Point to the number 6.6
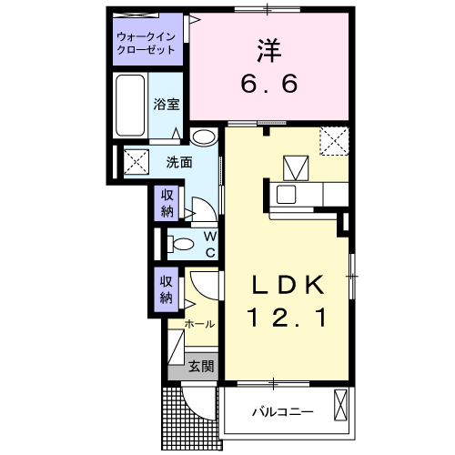(x=269, y=86)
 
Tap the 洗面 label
(x=178, y=163)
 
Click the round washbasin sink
(x=204, y=137)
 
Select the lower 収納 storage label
(x=167, y=289)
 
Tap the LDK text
(x=288, y=286)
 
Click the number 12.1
(x=288, y=319)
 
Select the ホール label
(x=200, y=324)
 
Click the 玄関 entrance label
(x=201, y=368)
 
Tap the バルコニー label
(x=282, y=412)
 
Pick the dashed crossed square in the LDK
(x=333, y=141)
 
